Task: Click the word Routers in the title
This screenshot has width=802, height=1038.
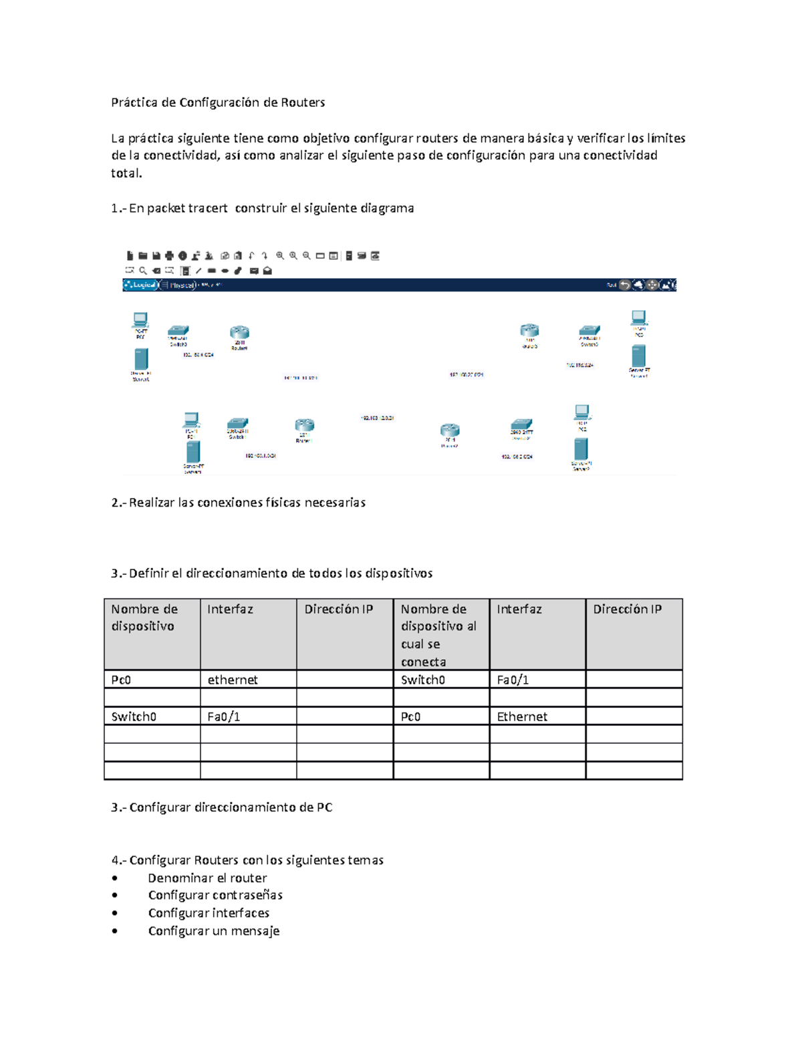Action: (302, 102)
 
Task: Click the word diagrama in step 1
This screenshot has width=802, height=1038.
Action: (387, 208)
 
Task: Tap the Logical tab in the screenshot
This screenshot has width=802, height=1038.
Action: (142, 285)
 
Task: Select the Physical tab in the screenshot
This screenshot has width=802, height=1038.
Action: (180, 285)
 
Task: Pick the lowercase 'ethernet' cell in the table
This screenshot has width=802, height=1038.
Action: (233, 680)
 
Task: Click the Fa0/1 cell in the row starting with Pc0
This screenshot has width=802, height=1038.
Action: (513, 680)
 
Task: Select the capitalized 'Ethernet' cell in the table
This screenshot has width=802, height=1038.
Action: (522, 717)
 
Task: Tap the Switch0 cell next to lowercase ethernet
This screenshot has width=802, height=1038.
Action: (422, 680)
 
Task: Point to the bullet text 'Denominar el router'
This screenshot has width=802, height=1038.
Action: (207, 878)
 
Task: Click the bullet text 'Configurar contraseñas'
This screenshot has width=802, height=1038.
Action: (215, 895)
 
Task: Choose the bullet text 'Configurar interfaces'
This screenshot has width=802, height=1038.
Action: (209, 913)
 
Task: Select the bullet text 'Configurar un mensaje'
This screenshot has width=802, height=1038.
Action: (214, 930)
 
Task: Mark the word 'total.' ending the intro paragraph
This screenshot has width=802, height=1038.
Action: (126, 173)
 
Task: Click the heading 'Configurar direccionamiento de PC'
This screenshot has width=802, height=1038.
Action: (231, 807)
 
